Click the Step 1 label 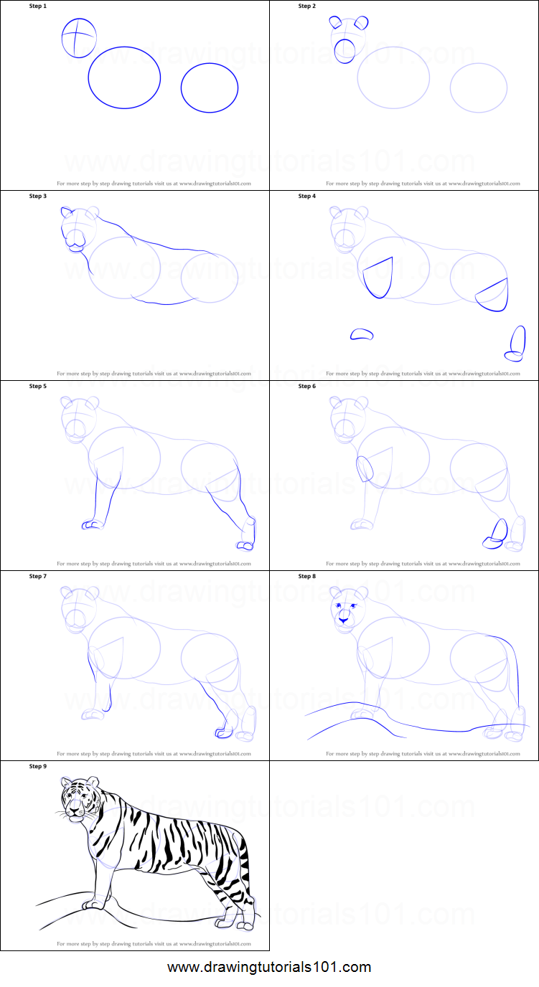coord(37,6)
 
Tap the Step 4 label coord(306,196)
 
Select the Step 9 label coord(37,766)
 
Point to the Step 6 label coord(306,386)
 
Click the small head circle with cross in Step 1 coord(78,38)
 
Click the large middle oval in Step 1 coord(124,77)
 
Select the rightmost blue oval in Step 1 coord(209,88)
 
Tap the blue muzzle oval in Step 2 coord(345,51)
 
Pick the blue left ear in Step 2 coord(336,22)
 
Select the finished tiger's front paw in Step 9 coord(91,904)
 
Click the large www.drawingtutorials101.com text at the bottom coord(269,967)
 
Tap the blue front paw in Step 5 coord(91,524)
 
